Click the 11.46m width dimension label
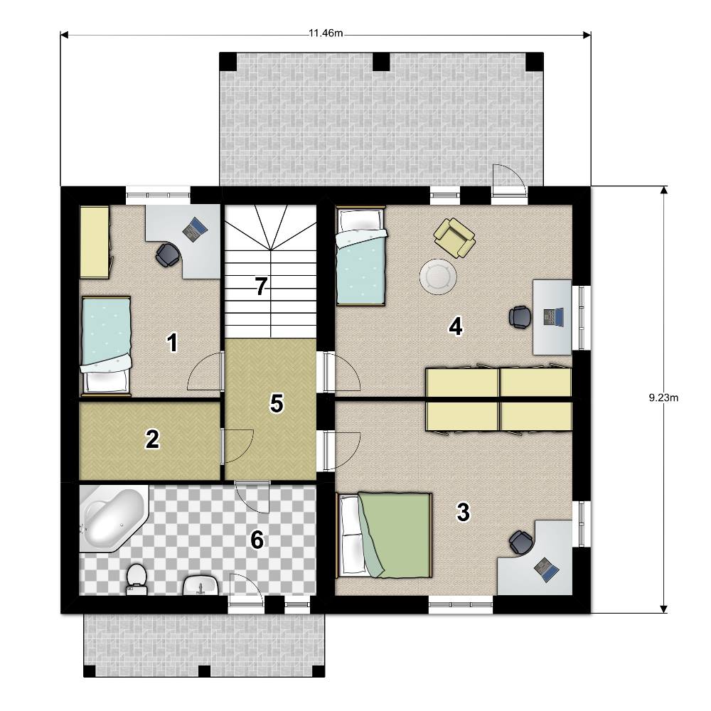pos(326,33)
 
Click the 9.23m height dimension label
pos(663,397)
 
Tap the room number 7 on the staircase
pos(261,287)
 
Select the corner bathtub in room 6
pos(114,519)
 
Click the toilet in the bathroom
pos(137,579)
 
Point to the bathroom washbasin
pos(201,585)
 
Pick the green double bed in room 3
pos(384,535)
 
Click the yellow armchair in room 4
pos(454,237)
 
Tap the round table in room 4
pos(438,277)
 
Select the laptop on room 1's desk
pos(196,229)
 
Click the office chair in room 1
pos(167,255)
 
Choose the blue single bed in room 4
pos(360,256)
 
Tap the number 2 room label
pos(152,439)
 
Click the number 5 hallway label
pos(277,403)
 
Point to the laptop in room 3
pos(546,570)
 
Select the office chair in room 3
pos(521,542)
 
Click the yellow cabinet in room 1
pos(95,242)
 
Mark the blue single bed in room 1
pos(106,346)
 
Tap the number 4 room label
pos(456,326)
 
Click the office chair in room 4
pos(520,316)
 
